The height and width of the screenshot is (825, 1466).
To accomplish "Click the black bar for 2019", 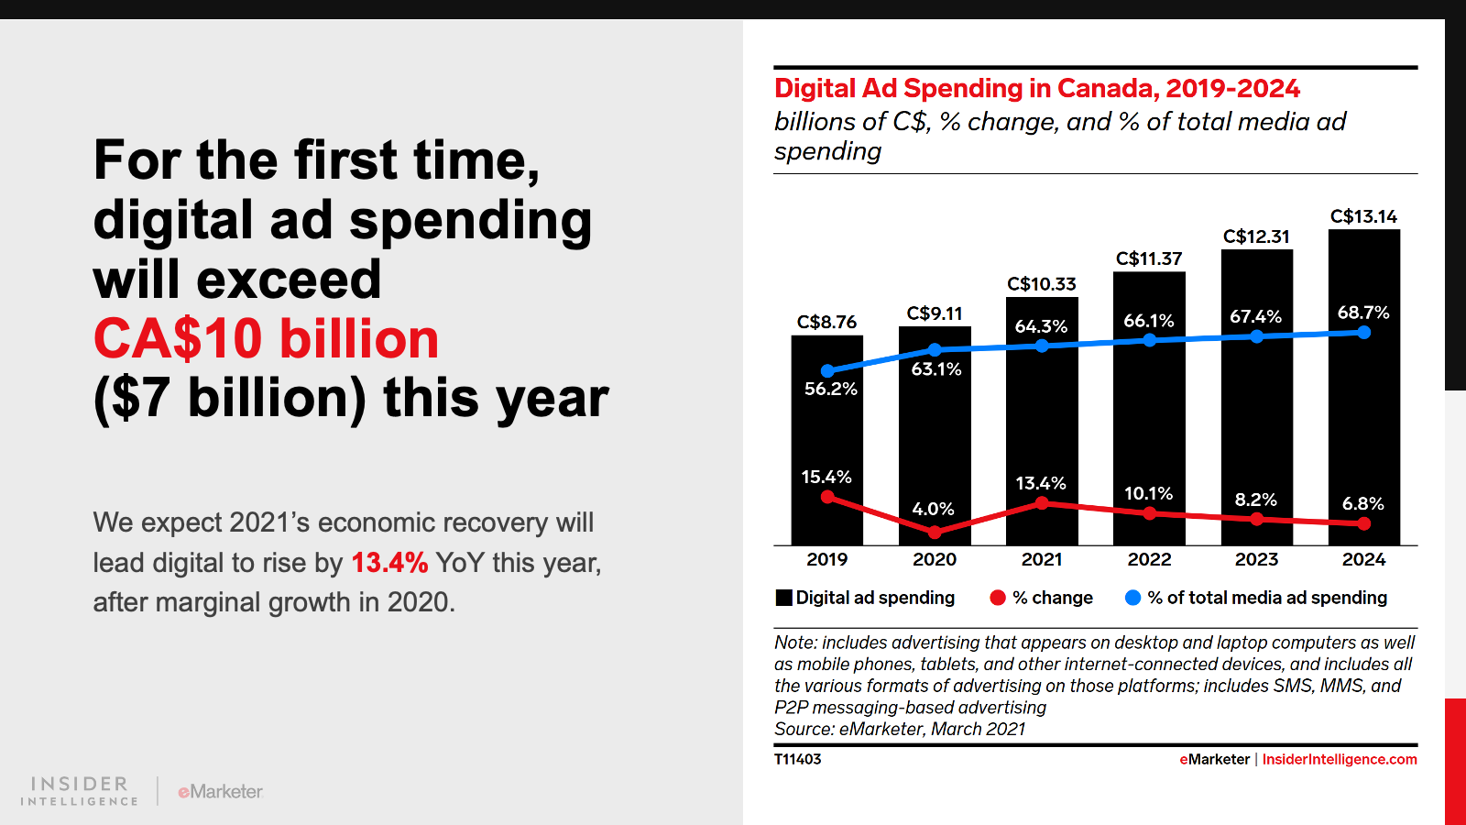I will coord(826,431).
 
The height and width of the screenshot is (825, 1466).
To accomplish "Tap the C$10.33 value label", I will coord(1042,284).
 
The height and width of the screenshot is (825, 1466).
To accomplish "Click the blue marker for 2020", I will coord(935,349).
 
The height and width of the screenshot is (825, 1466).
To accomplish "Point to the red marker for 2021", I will coord(1042,503).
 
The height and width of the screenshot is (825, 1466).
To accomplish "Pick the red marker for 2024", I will coord(1364,523).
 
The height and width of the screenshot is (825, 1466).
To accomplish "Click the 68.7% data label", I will coord(1363,313).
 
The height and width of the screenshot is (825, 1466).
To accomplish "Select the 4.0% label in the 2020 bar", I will coord(934,509).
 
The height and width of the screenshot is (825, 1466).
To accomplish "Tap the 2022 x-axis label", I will coord(1149,559).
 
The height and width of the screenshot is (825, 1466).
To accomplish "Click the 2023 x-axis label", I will coord(1256,559).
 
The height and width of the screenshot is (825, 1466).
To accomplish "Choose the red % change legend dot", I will coord(998,598).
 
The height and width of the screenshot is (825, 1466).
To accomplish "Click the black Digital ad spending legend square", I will coord(783,598).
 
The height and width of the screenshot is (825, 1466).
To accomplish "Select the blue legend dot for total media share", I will coord(1132,598).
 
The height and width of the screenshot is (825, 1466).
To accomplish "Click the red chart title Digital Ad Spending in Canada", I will coord(1036,89).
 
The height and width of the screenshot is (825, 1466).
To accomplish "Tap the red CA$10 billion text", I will coord(267,338).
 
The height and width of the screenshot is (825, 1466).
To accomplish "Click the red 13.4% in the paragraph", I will coord(389,562).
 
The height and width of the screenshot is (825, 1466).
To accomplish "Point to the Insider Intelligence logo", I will coord(80,790).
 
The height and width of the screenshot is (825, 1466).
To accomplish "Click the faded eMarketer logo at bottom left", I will coord(221,791).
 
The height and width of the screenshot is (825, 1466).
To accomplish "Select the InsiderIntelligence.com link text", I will coord(1340,759).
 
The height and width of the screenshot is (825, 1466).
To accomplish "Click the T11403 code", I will coord(797,759).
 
